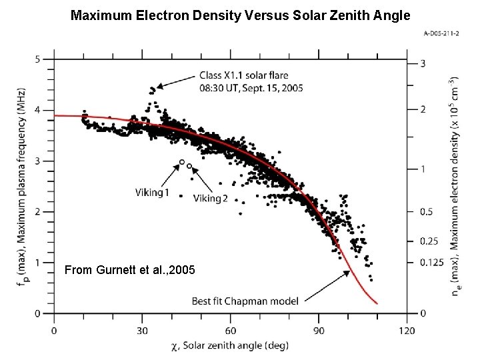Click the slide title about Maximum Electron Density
click(x=240, y=14)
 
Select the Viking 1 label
click(x=153, y=193)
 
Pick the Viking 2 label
click(x=210, y=198)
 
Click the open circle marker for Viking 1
click(x=182, y=162)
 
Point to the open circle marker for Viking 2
click(x=190, y=165)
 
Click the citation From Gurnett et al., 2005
click(x=130, y=270)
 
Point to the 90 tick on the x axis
click(x=318, y=330)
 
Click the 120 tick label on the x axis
click(x=407, y=330)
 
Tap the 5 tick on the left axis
click(x=38, y=59)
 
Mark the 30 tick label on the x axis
click(x=142, y=330)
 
